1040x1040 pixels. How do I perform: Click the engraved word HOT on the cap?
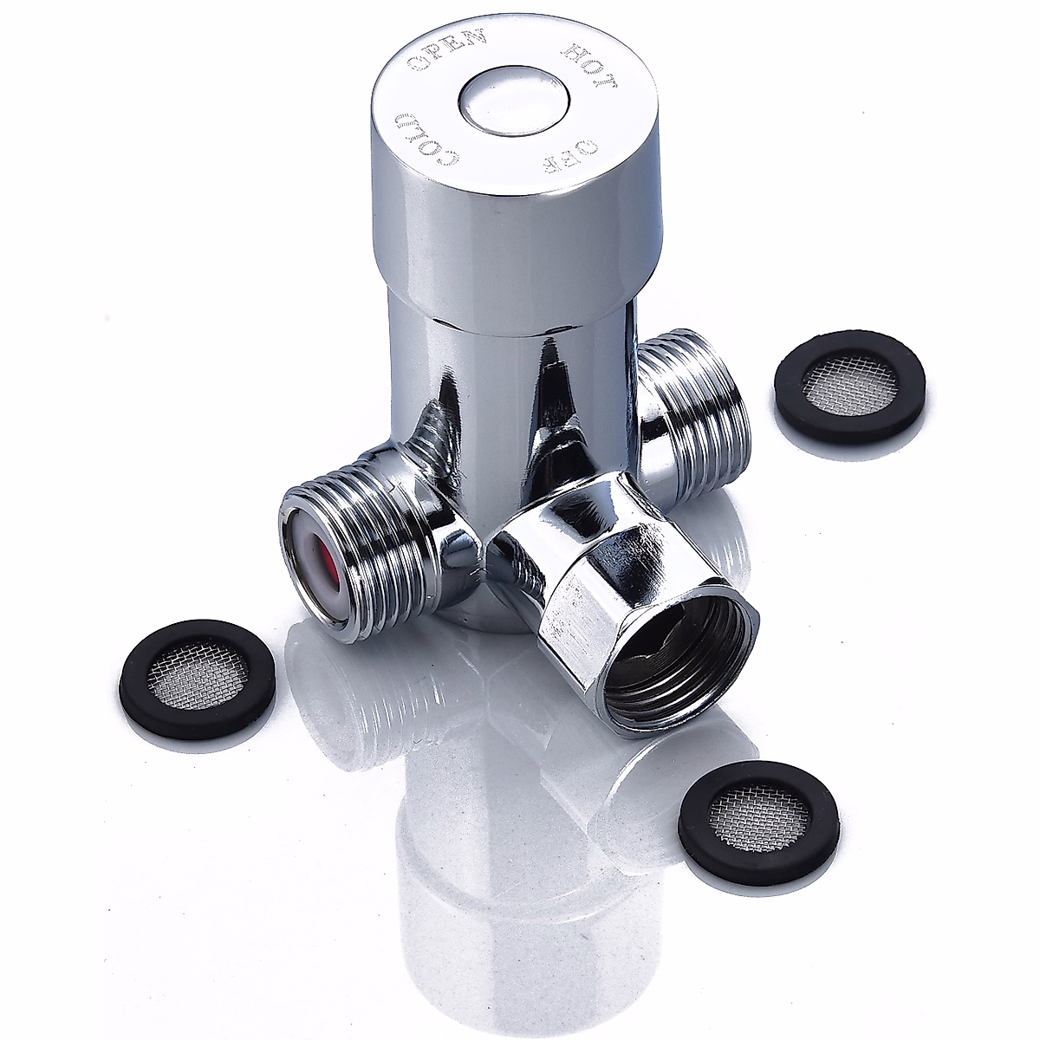click(x=592, y=69)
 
